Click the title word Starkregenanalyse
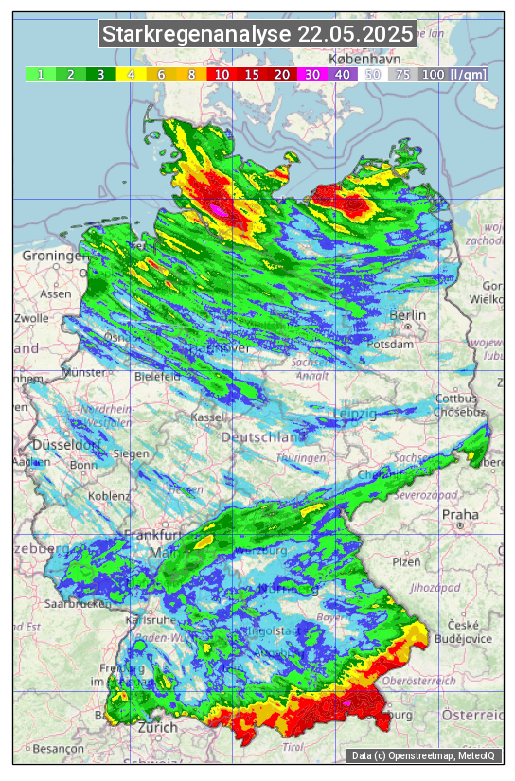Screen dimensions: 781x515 (x=197, y=35)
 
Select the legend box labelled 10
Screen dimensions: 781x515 (x=222, y=74)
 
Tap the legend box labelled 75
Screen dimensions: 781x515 (x=402, y=74)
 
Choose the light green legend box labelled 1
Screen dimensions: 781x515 (x=41, y=74)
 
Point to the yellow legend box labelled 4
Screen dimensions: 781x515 (x=132, y=74)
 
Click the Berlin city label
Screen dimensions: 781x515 (x=408, y=315)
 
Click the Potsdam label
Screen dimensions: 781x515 (x=395, y=345)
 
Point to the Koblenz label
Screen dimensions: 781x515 (x=109, y=496)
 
